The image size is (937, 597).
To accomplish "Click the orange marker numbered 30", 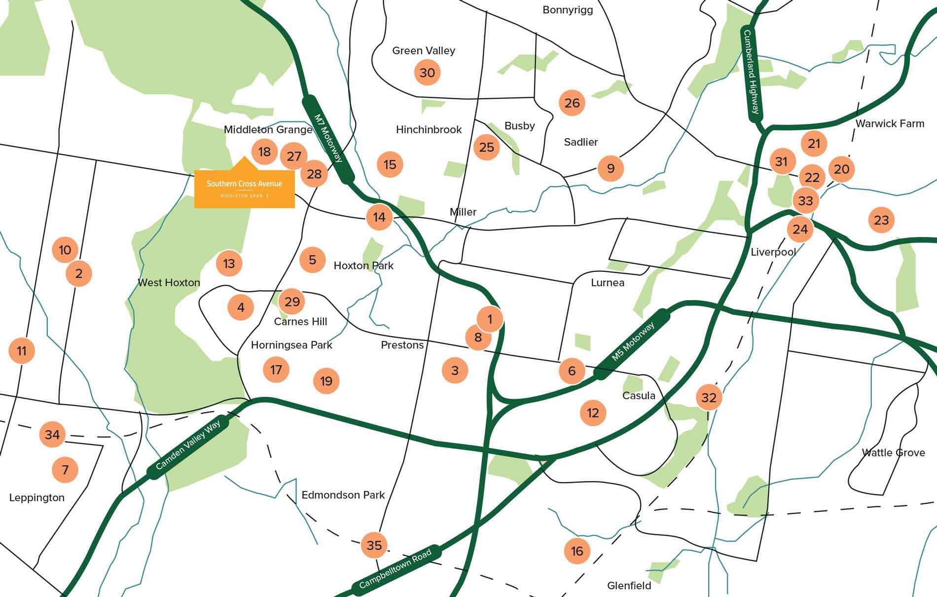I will point(427,73).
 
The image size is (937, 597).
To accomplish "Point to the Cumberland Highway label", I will point(752,72).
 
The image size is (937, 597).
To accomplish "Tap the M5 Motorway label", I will point(633,341).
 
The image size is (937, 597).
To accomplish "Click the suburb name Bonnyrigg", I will point(567,10).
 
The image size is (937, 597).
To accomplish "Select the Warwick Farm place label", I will point(890,124).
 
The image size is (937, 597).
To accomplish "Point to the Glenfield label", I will point(629,586).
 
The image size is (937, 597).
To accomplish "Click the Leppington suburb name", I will point(37,497).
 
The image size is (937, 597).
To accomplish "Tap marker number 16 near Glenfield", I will point(577,551).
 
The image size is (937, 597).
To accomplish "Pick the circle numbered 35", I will point(374,545).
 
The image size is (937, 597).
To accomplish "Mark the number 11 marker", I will point(22,351).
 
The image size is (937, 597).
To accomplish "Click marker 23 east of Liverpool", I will point(881,220).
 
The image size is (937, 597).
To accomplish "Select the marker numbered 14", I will point(379,217).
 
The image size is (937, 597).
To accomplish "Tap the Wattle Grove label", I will point(893,452).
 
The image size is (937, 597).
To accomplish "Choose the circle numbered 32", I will point(709,398).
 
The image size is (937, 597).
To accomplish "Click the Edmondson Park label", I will point(343,495).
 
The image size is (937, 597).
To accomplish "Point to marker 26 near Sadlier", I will point(572,103).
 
